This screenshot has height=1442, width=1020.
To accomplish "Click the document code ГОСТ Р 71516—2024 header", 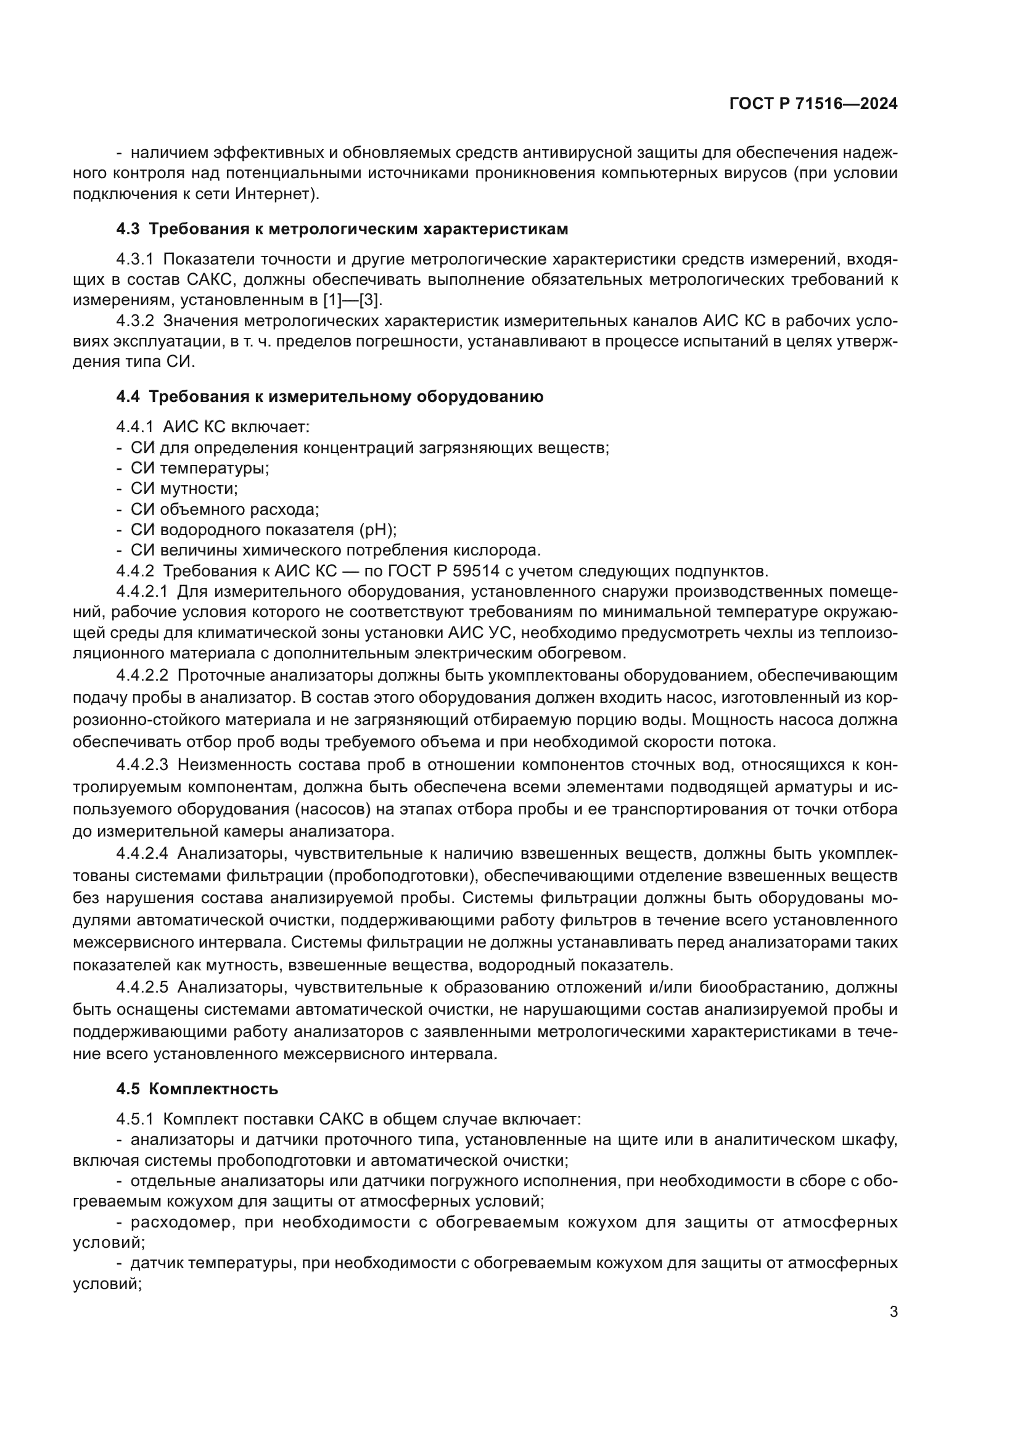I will tap(813, 104).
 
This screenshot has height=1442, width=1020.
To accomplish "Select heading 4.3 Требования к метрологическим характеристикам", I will tap(342, 229).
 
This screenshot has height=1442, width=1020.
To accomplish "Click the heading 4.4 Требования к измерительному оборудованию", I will tap(330, 397).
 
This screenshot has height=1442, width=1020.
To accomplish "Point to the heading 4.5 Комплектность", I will tap(197, 1088).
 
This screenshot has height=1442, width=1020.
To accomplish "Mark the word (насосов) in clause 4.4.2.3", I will tap(331, 809).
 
